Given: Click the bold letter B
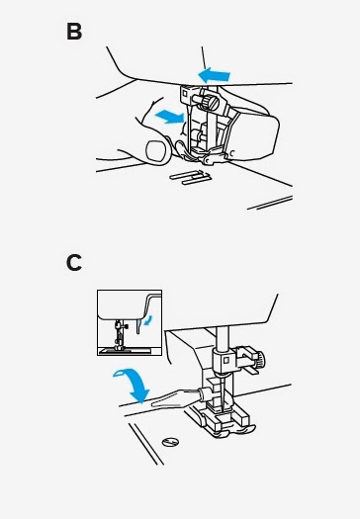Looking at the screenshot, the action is point(74,32).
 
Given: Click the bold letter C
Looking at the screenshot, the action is point(74,263).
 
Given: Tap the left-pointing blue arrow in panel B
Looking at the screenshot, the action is point(214,76).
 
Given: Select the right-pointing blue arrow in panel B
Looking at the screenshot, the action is point(169,117).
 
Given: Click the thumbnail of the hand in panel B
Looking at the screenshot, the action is point(157,151).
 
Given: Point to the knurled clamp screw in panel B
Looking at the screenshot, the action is point(210,102).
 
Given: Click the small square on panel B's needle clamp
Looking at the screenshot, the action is point(185,94).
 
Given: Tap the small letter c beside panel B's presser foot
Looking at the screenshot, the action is point(232,153).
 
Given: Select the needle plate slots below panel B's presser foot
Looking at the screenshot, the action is point(191,177).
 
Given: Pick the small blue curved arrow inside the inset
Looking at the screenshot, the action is point(149,319).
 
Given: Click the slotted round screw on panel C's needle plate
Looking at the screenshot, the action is point(170,441).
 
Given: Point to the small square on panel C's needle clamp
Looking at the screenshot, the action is point(226,360).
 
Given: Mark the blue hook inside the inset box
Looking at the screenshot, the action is point(139,326).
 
